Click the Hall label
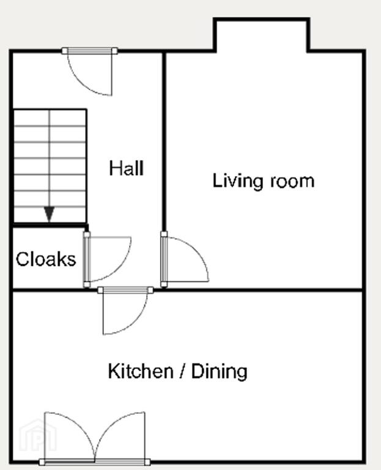click(127, 168)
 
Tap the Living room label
click(264, 181)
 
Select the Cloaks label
click(46, 259)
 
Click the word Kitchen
click(141, 371)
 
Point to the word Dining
click(220, 371)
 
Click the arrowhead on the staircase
click(49, 214)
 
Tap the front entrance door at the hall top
click(90, 73)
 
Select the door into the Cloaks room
click(107, 259)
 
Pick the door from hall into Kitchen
click(125, 311)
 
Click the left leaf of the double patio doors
click(70, 438)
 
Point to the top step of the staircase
click(50, 118)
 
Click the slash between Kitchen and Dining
click(182, 371)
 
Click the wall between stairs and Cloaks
click(50, 225)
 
